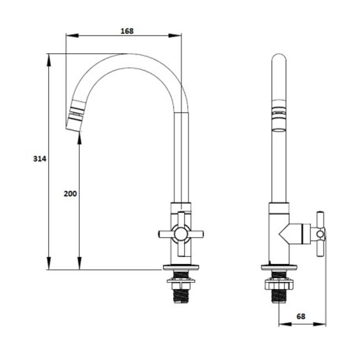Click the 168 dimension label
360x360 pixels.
(127, 31)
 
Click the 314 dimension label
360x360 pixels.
(40, 158)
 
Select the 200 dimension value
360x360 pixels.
(70, 194)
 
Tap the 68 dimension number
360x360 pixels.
(301, 316)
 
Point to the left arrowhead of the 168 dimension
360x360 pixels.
(72, 35)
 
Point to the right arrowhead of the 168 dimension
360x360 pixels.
(175, 35)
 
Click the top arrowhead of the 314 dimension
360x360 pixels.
(48, 60)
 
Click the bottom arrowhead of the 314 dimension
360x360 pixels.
(48, 263)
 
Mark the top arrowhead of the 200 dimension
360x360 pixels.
(79, 138)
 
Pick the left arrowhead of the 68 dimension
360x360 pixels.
(285, 324)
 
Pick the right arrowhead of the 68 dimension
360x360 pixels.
(320, 324)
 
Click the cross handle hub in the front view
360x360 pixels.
(181, 234)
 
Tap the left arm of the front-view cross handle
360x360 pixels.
(166, 234)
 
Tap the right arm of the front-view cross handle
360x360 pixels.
(196, 234)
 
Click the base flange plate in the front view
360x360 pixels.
(181, 268)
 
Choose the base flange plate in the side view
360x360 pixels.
(279, 268)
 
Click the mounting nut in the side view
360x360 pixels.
(279, 284)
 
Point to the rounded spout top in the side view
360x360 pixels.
(279, 57)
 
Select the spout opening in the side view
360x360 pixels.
(279, 130)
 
